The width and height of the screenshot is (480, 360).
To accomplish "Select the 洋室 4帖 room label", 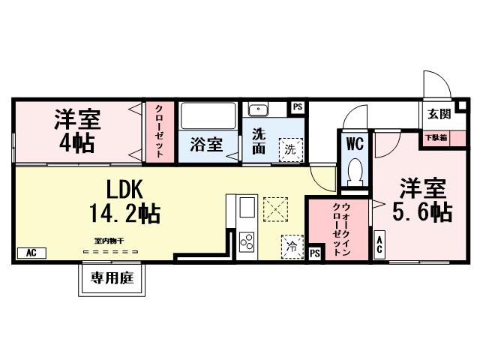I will click(x=78, y=130).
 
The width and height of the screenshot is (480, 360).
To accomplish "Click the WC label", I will click(x=354, y=142).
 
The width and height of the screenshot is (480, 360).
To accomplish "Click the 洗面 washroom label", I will click(x=258, y=141).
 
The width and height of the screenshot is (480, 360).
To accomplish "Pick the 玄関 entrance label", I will click(x=439, y=114).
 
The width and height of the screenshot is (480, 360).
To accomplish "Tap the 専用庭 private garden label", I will click(x=112, y=279).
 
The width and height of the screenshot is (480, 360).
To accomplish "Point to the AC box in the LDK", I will click(x=31, y=253).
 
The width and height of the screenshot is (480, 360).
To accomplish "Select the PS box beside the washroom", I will click(x=298, y=107).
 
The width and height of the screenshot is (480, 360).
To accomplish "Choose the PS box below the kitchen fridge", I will click(x=315, y=253).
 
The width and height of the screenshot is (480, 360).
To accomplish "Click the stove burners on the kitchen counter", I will click(x=245, y=241).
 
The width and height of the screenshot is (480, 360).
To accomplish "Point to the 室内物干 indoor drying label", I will click(x=109, y=240).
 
